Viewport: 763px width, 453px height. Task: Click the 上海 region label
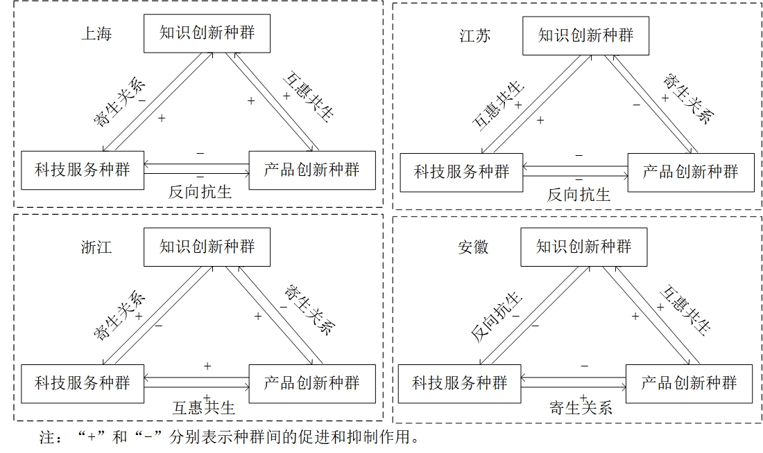[96, 33]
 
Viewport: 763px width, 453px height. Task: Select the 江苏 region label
[475, 35]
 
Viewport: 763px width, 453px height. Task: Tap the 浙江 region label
[96, 247]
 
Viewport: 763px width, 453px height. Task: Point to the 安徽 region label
[473, 247]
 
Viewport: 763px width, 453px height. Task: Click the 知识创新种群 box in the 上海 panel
[207, 33]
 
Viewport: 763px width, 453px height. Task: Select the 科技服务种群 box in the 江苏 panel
[461, 172]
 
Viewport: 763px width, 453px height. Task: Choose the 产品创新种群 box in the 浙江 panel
[312, 384]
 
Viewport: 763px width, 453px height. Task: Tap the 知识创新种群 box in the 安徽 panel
[584, 247]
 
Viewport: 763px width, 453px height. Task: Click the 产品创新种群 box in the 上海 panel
[312, 170]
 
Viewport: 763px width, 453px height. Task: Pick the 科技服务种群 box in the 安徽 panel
[459, 384]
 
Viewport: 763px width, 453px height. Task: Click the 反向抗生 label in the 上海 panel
[200, 192]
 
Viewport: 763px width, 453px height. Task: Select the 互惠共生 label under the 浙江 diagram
[204, 407]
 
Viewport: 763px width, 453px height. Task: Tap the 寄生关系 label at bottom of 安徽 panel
[581, 407]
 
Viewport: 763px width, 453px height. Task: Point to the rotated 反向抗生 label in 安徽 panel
[497, 317]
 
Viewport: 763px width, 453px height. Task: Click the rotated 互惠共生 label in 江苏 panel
[498, 106]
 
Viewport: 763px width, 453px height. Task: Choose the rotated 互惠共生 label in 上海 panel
[309, 96]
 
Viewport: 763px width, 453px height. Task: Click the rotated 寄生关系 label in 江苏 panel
[688, 98]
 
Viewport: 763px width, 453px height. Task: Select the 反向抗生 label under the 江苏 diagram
[578, 195]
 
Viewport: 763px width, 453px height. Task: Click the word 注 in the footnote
[47, 437]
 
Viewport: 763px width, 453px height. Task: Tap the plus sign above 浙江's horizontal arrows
[207, 366]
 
